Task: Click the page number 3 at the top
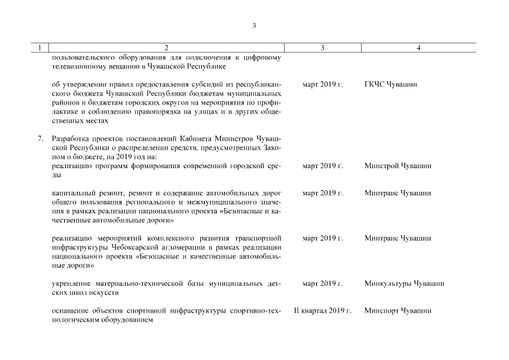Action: click(x=254, y=25)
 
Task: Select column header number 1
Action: click(x=39, y=48)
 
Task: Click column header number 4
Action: click(x=418, y=48)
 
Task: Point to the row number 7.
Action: click(x=40, y=138)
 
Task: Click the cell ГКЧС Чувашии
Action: click(x=390, y=85)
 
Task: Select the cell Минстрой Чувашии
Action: click(x=397, y=166)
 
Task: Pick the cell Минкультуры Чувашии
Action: click(x=404, y=283)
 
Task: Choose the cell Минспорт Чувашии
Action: click(x=397, y=310)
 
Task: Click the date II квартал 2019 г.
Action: click(x=322, y=310)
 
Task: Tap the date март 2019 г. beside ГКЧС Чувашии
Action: click(x=322, y=85)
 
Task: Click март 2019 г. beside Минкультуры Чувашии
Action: click(x=322, y=283)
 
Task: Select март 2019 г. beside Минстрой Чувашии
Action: click(x=322, y=166)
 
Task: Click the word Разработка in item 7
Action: click(x=70, y=138)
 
